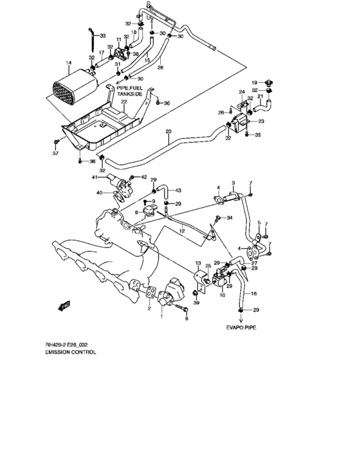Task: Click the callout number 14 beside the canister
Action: [67, 63]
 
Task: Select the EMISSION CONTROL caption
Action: [71, 353]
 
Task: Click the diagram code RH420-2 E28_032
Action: [73, 345]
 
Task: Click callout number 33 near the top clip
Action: [102, 35]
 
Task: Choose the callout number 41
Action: [94, 177]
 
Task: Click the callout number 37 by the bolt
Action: [54, 154]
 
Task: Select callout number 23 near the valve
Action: [262, 121]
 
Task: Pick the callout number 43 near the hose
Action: [179, 190]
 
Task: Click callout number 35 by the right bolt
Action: [258, 136]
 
